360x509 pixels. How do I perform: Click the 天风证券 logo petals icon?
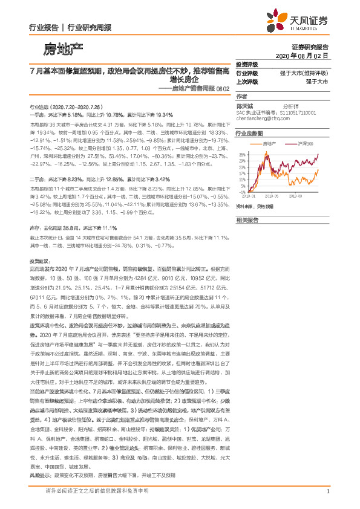(279, 20)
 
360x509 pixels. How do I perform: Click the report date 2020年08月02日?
(306, 55)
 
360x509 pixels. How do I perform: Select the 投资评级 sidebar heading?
(247, 64)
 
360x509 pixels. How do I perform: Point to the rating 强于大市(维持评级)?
(305, 73)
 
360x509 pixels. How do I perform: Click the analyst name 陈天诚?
(244, 105)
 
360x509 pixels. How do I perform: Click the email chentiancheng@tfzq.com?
(264, 118)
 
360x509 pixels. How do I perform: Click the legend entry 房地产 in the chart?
(270, 143)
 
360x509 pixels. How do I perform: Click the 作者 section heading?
(241, 96)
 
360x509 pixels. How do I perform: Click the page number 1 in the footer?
(327, 491)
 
